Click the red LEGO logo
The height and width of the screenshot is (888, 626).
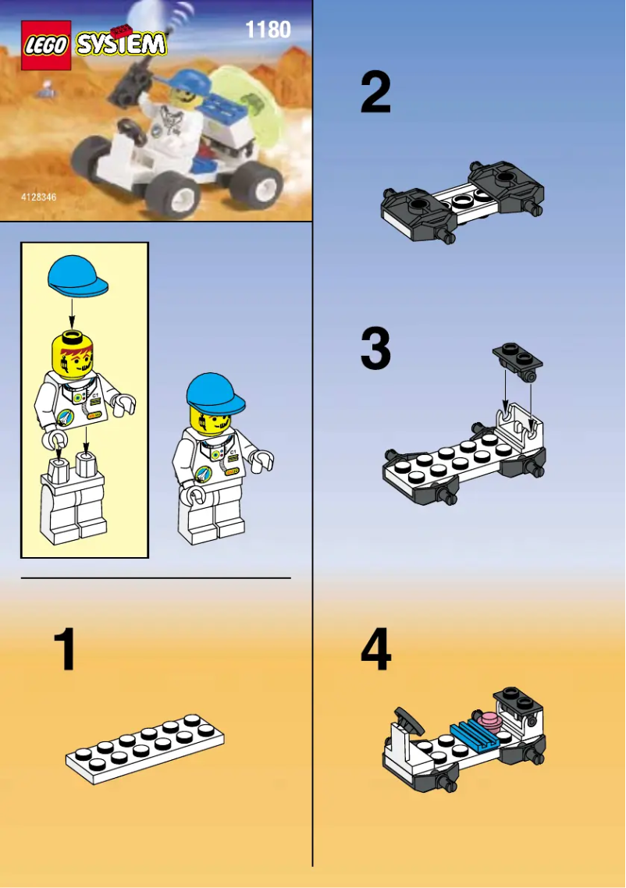pos(46,46)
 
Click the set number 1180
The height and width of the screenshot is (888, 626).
pos(268,30)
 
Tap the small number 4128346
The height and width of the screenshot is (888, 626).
pos(39,198)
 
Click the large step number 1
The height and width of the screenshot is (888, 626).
pos(65,651)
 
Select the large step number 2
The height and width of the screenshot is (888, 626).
pos(375,93)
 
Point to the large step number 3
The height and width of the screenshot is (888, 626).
pos(375,349)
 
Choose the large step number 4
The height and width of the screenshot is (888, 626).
pos(375,651)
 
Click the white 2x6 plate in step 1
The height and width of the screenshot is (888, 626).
pos(144,750)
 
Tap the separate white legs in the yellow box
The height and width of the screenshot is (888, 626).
pos(75,499)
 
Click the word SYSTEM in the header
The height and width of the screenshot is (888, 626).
pos(121,44)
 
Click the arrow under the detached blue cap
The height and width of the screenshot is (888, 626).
pos(72,314)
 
